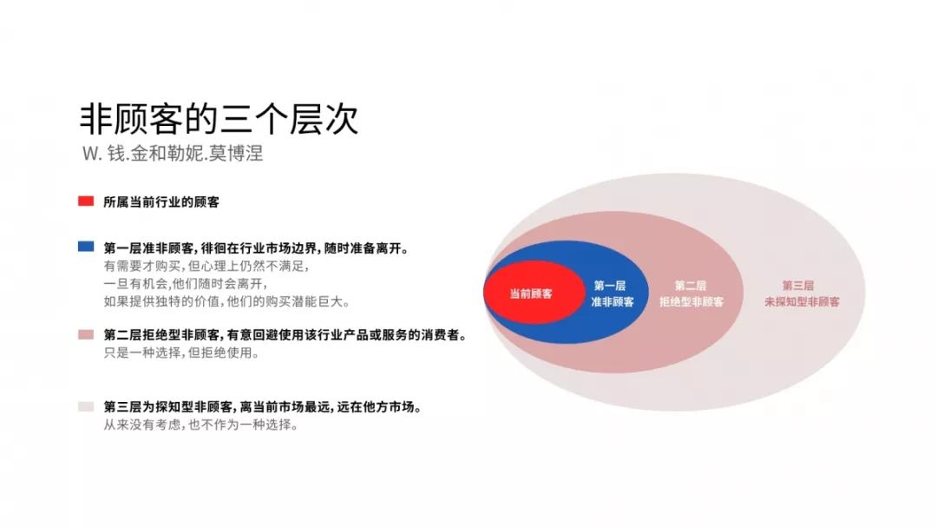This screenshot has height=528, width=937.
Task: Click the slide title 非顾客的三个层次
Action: click(x=219, y=119)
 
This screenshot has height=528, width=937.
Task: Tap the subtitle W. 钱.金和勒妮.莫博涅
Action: click(x=173, y=154)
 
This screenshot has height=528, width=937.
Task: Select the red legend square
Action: click(x=86, y=201)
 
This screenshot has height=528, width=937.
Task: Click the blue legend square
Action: click(x=86, y=247)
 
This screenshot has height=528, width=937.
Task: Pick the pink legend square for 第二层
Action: click(x=86, y=334)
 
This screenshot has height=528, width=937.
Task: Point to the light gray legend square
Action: click(x=86, y=406)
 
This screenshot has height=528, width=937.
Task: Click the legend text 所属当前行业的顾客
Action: click(x=161, y=202)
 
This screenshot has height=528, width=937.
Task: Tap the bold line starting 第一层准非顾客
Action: click(x=257, y=248)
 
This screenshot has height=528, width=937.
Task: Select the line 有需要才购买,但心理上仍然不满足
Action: click(x=206, y=266)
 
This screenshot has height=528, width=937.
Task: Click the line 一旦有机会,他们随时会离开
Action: click(x=186, y=283)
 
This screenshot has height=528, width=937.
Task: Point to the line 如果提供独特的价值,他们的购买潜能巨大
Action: click(x=226, y=301)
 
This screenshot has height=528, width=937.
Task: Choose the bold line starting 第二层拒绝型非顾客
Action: click(x=285, y=335)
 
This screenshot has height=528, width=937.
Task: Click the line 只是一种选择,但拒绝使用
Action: click(x=181, y=353)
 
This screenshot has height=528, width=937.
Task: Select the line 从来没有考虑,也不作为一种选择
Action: click(x=200, y=426)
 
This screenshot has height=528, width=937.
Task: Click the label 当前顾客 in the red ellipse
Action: click(x=531, y=294)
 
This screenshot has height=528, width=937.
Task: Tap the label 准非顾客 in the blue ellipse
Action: click(x=613, y=302)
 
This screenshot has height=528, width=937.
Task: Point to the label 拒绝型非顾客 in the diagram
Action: click(x=691, y=302)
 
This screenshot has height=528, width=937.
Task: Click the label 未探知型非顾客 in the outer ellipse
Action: click(x=802, y=302)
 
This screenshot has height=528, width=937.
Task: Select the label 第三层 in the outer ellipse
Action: click(x=798, y=286)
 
